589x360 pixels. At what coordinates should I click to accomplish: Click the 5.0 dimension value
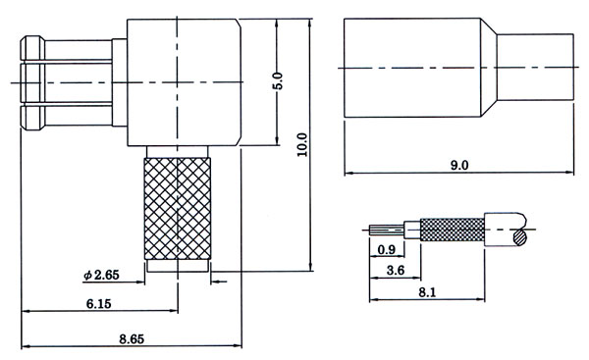click(x=278, y=81)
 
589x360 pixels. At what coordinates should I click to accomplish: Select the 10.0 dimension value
click(x=302, y=145)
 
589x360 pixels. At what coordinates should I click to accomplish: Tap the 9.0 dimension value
click(x=459, y=165)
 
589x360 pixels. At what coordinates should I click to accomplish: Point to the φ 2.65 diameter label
click(x=101, y=276)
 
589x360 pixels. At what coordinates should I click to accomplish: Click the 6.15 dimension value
click(x=99, y=303)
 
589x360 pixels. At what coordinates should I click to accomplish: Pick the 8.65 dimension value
click(x=132, y=339)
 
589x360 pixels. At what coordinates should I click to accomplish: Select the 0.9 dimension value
click(x=387, y=249)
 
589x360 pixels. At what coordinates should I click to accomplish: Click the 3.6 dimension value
click(x=396, y=270)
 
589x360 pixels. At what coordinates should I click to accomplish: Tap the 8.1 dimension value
click(x=427, y=292)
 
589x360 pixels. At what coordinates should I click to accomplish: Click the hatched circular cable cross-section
click(x=520, y=237)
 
